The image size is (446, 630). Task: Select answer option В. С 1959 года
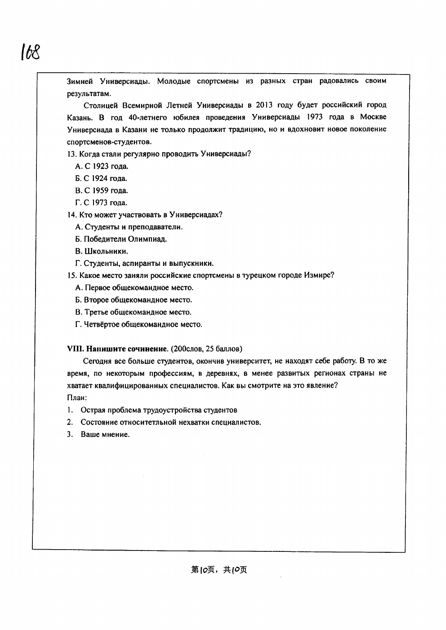tap(102, 190)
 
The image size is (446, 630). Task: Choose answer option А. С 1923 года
tap(102, 166)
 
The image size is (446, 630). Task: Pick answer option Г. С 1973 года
tap(101, 203)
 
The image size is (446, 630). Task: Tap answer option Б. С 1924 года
tap(101, 178)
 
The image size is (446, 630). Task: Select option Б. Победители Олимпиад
tap(121, 239)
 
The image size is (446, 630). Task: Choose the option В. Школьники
tap(102, 251)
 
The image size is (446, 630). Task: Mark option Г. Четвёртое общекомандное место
tap(138, 324)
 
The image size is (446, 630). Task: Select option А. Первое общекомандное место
tap(134, 288)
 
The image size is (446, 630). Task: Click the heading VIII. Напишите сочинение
tap(117, 348)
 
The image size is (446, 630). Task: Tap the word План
tap(76, 397)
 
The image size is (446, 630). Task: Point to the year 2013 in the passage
tap(265, 106)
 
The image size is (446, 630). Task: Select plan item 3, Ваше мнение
tap(105, 434)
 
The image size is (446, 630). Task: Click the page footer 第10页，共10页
tap(219, 570)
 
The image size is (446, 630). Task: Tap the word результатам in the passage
tap(89, 93)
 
